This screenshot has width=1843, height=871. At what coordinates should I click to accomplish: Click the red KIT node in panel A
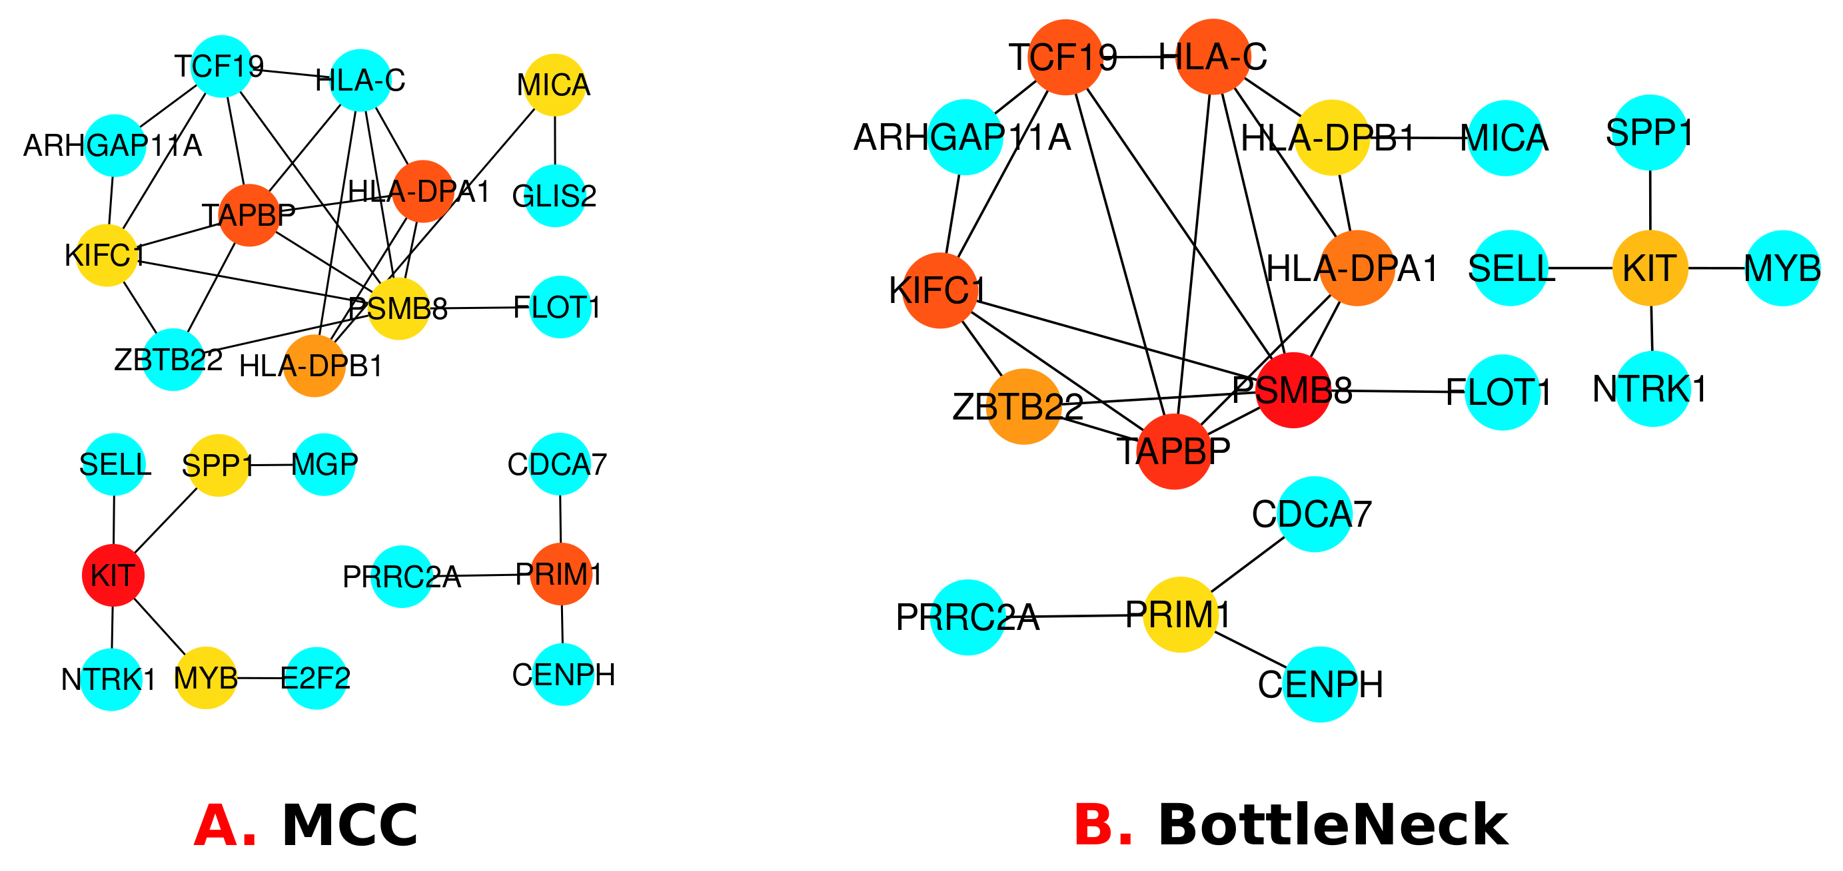click(x=113, y=575)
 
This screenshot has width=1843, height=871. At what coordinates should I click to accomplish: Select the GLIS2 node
click(x=555, y=196)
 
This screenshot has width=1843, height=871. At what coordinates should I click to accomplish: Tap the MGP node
click(x=324, y=465)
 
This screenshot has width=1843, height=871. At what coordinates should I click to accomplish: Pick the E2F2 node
click(x=316, y=678)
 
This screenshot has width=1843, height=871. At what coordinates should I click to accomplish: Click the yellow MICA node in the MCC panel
click(x=554, y=85)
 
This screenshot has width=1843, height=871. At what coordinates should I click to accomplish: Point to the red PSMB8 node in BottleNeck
click(x=1293, y=390)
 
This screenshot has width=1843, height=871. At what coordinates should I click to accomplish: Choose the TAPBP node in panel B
click(x=1174, y=451)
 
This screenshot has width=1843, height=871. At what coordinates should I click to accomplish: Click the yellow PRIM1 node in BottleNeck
click(x=1180, y=614)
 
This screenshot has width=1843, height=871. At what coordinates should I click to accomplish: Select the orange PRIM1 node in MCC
click(x=561, y=574)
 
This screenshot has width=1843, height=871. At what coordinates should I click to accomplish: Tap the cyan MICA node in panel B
click(x=1505, y=138)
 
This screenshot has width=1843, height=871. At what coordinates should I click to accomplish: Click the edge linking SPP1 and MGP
click(x=272, y=465)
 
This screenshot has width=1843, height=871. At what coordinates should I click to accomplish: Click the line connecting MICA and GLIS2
click(x=555, y=140)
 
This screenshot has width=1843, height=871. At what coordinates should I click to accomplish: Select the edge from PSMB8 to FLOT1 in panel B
click(x=1395, y=391)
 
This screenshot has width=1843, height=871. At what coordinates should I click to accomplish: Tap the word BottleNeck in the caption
click(x=1333, y=826)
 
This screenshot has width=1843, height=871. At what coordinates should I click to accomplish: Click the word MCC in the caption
click(x=350, y=826)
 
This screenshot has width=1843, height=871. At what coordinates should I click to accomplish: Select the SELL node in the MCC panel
click(x=115, y=465)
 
